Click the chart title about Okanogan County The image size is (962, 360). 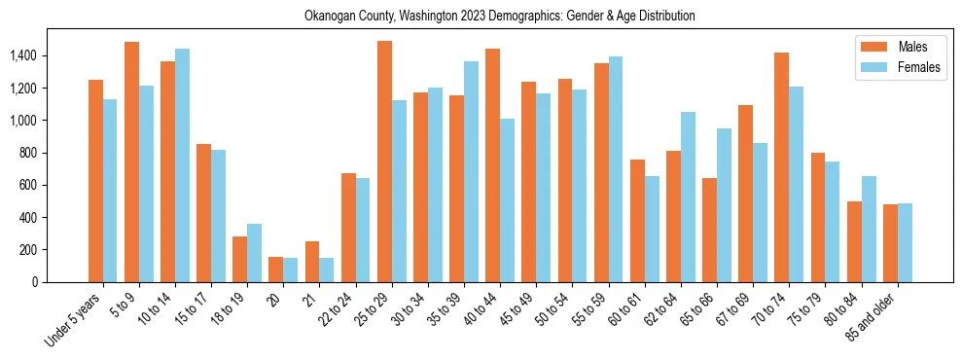point(500,17)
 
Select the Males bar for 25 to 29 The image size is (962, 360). point(385,162)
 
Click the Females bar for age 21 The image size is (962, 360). point(327,270)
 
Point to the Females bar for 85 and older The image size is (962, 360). point(906,243)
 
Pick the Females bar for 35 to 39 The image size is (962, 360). point(472,172)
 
